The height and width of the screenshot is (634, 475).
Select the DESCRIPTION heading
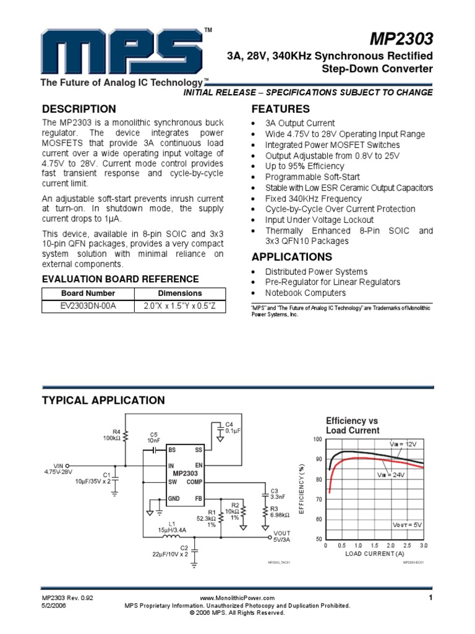tap(79, 109)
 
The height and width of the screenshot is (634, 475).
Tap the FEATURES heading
tap(279, 109)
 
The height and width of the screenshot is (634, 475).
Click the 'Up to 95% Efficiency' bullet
tap(304, 167)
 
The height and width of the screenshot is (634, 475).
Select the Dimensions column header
tap(180, 293)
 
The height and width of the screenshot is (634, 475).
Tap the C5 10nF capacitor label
tap(154, 437)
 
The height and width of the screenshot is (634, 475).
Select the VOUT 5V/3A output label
tap(281, 536)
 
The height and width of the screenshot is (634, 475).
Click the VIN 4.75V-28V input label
tap(58, 469)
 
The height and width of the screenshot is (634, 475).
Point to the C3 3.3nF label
tap(276, 493)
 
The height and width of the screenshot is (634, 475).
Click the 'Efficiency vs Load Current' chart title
tap(353, 425)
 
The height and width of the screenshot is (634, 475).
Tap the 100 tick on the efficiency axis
tap(318, 439)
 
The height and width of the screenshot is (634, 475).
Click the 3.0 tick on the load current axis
tap(423, 545)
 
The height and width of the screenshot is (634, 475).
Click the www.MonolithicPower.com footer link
tap(237, 598)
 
